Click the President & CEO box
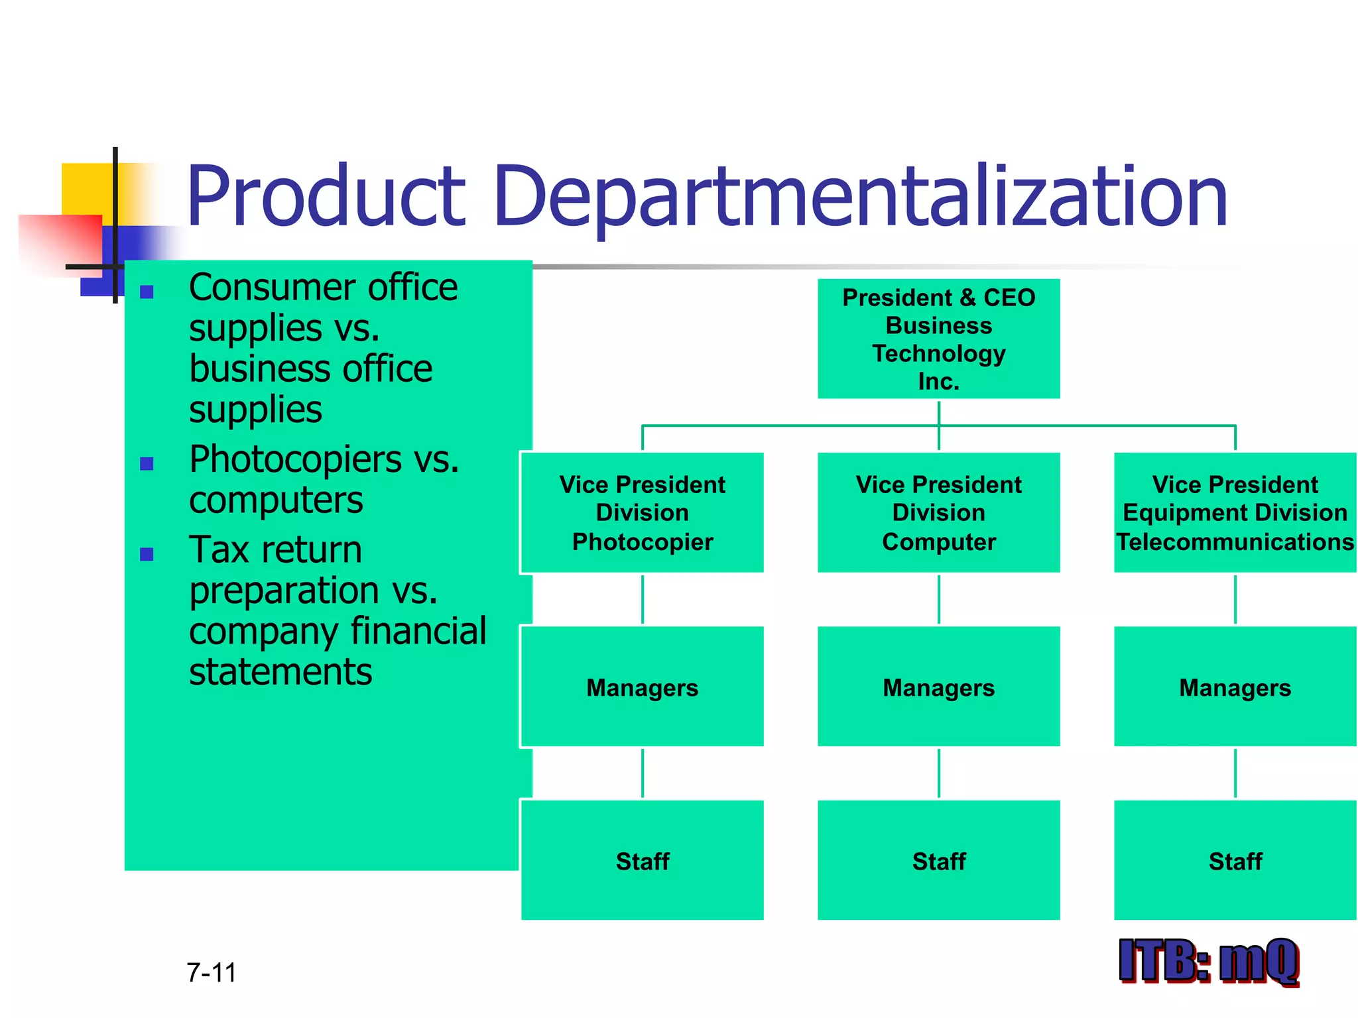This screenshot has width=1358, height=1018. coord(938,339)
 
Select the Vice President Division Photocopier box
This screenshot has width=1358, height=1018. coord(642,512)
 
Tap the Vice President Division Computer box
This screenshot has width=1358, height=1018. coord(938,512)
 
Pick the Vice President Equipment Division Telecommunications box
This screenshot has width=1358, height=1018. coord(1235,512)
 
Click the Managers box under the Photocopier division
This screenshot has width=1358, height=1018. coord(642,687)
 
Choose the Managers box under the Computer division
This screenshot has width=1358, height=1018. coord(938,687)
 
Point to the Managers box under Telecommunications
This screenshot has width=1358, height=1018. coord(1235,687)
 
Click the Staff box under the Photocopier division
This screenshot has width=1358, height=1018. coord(642,860)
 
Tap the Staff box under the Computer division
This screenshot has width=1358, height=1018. coord(938,860)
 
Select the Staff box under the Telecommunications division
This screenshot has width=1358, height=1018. coord(1235,860)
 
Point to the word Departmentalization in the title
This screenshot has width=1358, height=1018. coord(861,197)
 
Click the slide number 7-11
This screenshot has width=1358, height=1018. coord(212,972)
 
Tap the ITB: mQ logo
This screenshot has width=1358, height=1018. coord(1208,960)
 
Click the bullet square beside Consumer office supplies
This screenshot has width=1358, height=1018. coord(147,292)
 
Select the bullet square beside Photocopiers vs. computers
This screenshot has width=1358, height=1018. coord(147,463)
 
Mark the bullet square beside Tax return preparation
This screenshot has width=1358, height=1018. coord(147,554)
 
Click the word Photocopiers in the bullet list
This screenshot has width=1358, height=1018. coord(296,459)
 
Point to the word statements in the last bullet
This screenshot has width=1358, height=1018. coord(280,673)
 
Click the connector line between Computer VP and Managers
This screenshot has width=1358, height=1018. coord(938,599)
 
